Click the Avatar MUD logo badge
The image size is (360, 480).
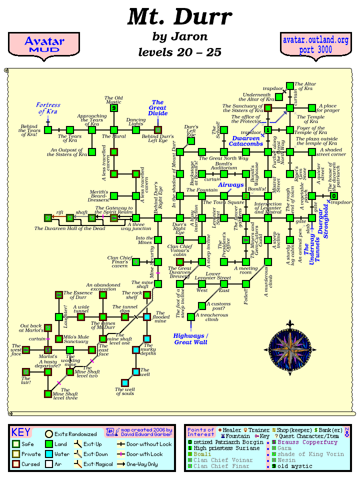coord(44,44)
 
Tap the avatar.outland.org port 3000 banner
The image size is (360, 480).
coord(315,45)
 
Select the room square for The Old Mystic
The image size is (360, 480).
coord(114,107)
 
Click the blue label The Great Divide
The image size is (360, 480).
coord(158,108)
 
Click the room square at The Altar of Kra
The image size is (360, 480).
coord(289,86)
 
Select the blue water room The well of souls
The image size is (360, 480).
coord(124,383)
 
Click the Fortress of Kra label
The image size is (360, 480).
coord(48,108)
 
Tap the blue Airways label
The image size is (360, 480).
coord(230,184)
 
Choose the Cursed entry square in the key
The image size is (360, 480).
coord(16,463)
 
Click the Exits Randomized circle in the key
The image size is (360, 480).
coord(49,434)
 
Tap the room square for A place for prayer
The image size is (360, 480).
coord(311,107)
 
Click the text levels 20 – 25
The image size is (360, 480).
coord(179,52)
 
